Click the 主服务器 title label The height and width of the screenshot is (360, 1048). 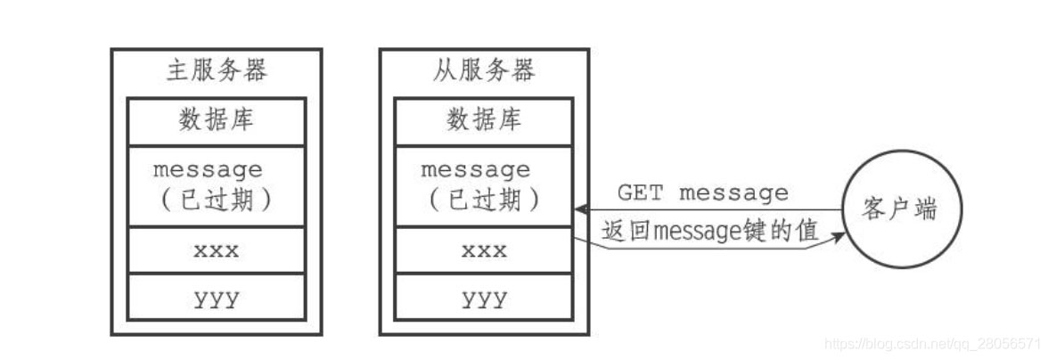[217, 71]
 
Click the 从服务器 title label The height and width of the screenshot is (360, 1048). [484, 71]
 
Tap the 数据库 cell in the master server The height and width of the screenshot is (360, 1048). [217, 119]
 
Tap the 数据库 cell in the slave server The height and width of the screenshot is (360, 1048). [484, 119]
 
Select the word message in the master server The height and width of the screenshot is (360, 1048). [208, 169]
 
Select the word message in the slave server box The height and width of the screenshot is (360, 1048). [475, 169]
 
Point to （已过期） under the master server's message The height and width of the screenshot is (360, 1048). [217, 200]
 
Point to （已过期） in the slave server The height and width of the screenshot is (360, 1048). [484, 200]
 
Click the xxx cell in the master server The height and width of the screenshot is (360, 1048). [217, 250]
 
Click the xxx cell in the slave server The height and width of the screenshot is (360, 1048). [484, 250]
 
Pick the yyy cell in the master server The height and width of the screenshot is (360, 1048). [217, 298]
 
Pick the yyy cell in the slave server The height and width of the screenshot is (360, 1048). [484, 298]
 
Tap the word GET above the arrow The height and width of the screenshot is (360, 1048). [639, 192]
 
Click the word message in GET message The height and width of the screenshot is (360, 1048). [733, 192]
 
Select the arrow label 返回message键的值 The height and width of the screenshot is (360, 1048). [709, 231]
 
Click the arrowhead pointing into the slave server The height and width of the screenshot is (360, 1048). [579, 210]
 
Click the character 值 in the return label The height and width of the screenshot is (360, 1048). [807, 231]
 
